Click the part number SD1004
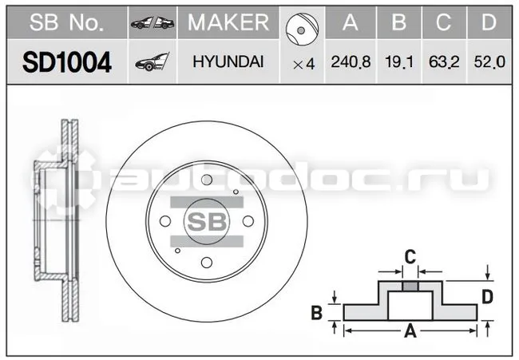67,62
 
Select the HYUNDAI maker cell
228,62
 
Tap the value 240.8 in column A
351,62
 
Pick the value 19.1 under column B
399,62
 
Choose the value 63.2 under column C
444,62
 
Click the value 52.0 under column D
489,62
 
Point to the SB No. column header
66,22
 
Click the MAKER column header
228,22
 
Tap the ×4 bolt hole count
304,64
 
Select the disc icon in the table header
302,30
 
